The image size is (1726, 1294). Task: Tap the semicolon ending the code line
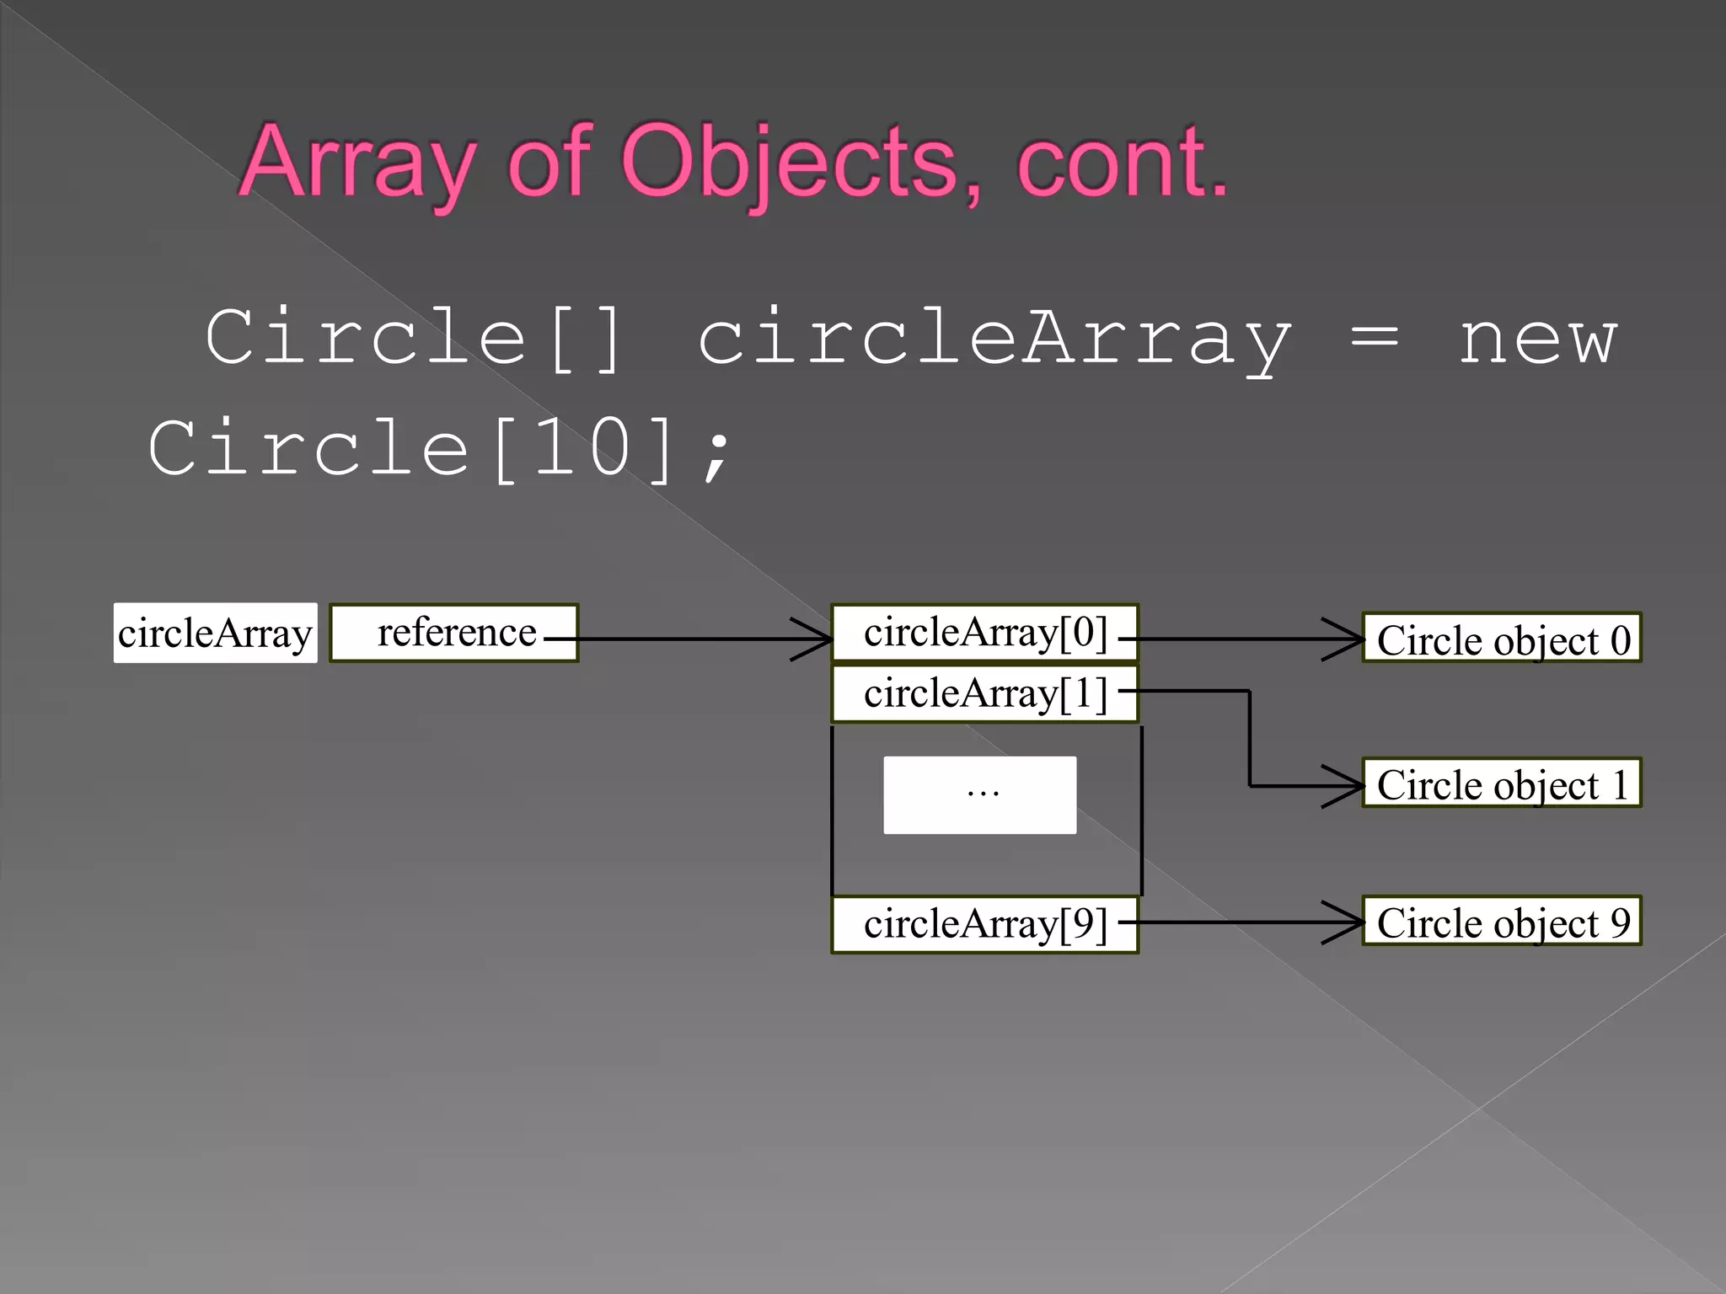(x=717, y=455)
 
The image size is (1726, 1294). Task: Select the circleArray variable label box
(x=216, y=633)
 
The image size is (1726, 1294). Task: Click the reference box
(x=454, y=633)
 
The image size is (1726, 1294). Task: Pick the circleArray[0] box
(x=984, y=633)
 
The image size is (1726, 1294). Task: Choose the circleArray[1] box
(x=984, y=693)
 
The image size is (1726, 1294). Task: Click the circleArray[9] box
(x=984, y=924)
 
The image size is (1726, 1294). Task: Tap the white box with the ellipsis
(x=979, y=794)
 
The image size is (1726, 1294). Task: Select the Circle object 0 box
(x=1502, y=639)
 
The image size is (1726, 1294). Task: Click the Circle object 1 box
(x=1502, y=783)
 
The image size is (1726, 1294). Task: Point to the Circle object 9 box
(x=1502, y=922)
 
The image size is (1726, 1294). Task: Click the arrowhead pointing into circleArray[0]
(x=814, y=639)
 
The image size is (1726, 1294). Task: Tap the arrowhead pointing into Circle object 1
(x=1345, y=786)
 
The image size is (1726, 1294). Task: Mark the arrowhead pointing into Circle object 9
(x=1345, y=922)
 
